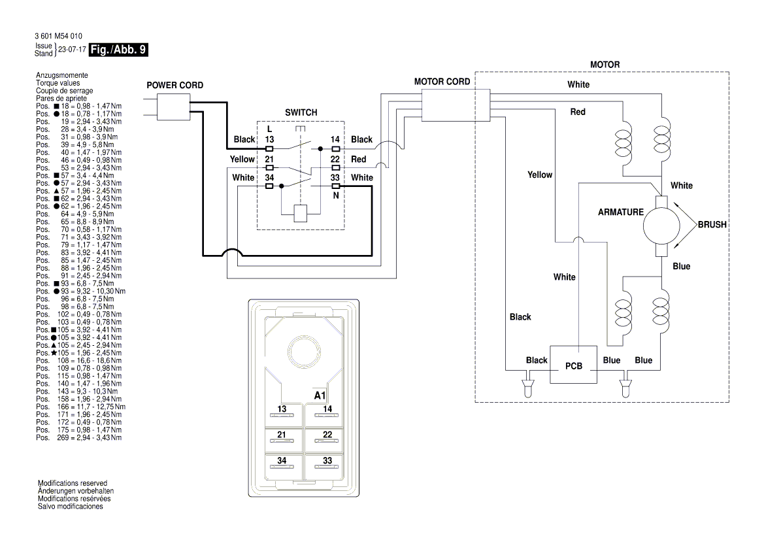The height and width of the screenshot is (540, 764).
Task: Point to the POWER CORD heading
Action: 174,86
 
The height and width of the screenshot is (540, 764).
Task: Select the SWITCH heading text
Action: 301,112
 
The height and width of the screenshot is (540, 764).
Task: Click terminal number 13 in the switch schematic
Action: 270,139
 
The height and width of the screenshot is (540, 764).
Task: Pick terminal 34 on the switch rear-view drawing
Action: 282,460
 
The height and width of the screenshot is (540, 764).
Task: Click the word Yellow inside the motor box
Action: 540,175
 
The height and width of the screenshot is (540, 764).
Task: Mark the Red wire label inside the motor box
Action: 578,112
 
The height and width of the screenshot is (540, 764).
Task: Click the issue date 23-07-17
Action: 72,49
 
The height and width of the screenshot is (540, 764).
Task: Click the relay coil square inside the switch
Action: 301,213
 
